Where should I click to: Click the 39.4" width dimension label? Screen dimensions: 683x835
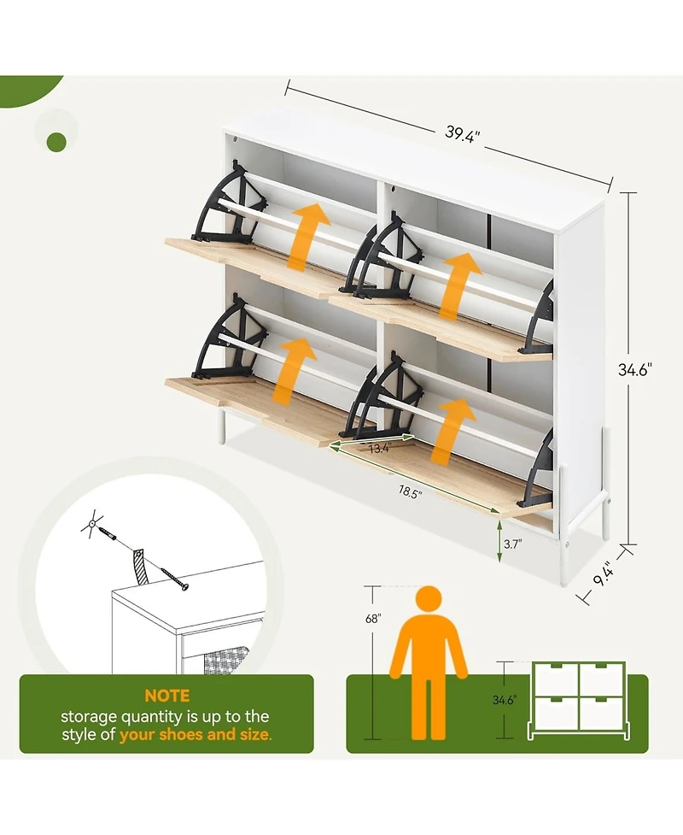coord(462,133)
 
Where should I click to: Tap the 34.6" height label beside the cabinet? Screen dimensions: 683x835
coord(634,369)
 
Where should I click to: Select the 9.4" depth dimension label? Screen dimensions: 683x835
coord(604,573)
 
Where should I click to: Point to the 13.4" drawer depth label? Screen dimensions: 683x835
coord(380,449)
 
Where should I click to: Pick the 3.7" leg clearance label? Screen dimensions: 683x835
coord(513,544)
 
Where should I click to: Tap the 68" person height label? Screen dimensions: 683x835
coord(373,619)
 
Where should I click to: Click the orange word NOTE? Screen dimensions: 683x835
coord(167,696)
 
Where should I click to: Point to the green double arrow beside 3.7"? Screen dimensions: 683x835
coord(499,542)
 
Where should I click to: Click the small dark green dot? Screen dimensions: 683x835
coord(57,142)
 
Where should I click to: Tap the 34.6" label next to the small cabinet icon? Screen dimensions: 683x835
coord(504,700)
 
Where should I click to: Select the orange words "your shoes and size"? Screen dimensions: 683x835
coord(195,735)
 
